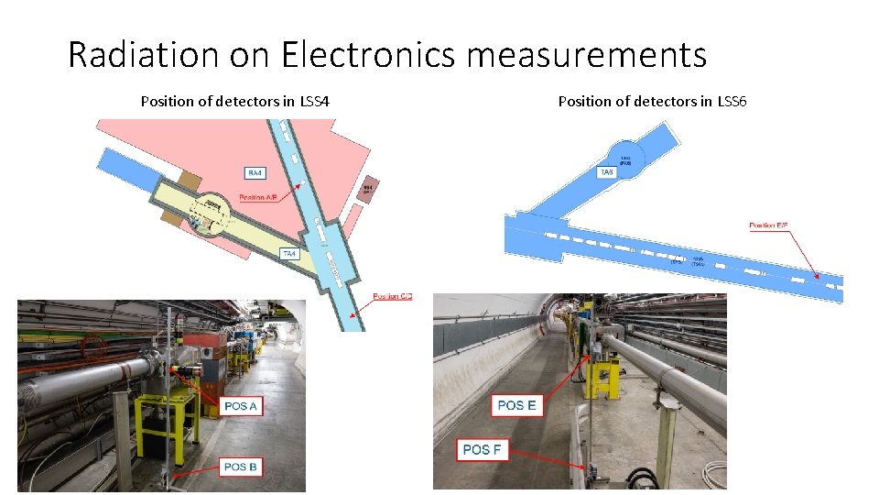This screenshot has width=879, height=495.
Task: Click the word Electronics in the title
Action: pyautogui.click(x=368, y=55)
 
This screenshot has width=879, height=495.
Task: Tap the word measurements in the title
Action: pyautogui.click(x=586, y=55)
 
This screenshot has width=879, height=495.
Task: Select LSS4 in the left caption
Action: pyautogui.click(x=314, y=101)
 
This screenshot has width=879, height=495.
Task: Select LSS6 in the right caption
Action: pyautogui.click(x=732, y=101)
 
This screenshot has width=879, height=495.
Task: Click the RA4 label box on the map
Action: pyautogui.click(x=257, y=172)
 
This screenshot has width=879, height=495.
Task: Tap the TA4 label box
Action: pyautogui.click(x=288, y=253)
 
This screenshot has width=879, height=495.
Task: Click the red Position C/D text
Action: pyautogui.click(x=393, y=296)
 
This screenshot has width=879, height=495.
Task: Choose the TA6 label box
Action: pyautogui.click(x=606, y=172)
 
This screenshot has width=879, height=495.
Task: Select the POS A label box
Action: pyautogui.click(x=240, y=406)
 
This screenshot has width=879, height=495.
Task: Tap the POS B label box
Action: pyautogui.click(x=241, y=467)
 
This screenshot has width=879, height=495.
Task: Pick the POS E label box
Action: pyautogui.click(x=518, y=405)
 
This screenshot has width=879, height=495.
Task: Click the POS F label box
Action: pyautogui.click(x=482, y=449)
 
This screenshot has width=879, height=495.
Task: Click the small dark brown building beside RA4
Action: pyautogui.click(x=365, y=188)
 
